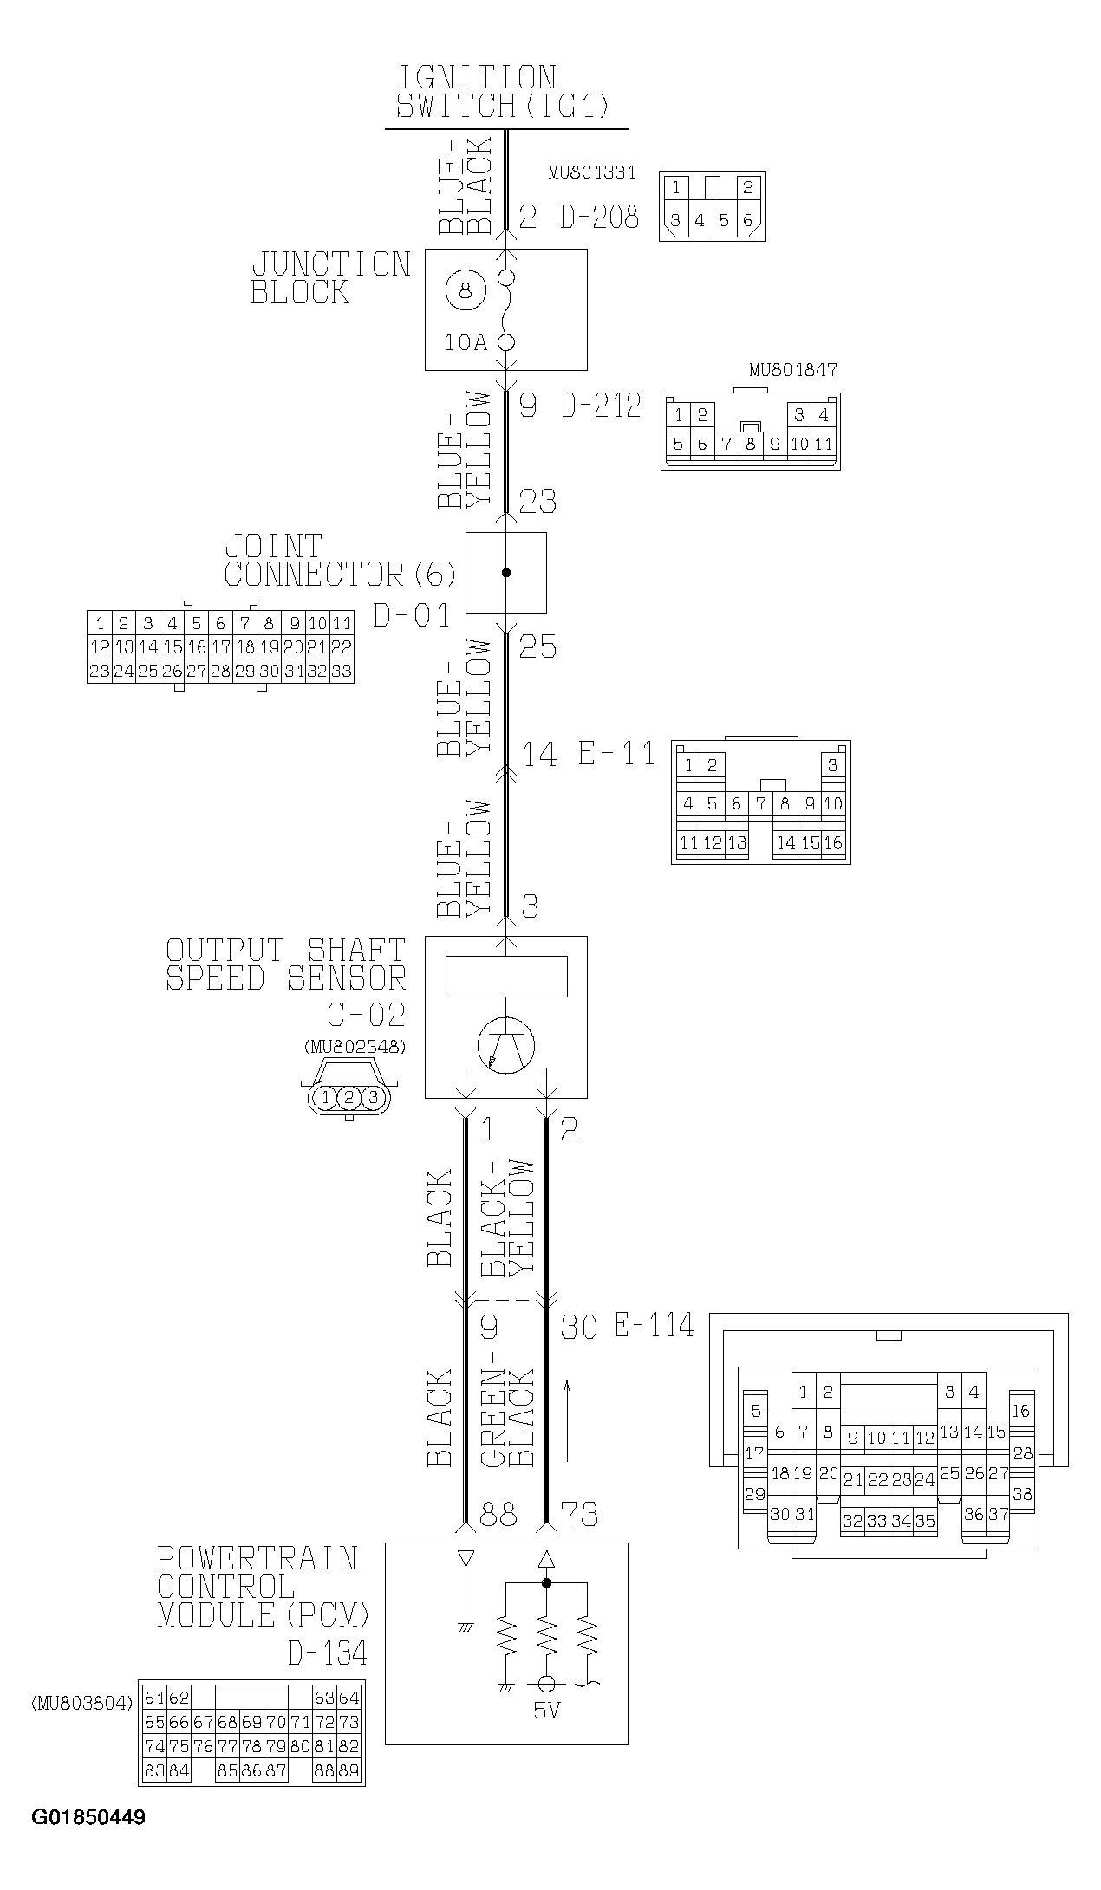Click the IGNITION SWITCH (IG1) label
coord(503,92)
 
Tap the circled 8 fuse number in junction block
coord(466,289)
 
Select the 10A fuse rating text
coord(466,343)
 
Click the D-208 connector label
coord(599,217)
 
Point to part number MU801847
coord(792,370)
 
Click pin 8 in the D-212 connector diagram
coord(750,445)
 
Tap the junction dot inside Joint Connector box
coord(506,573)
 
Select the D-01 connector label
coord(412,615)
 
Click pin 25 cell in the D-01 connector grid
coord(148,671)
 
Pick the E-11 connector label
coord(617,753)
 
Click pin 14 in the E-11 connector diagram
coord(785,842)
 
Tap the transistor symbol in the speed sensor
coord(506,1045)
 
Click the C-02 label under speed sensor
coord(366,1014)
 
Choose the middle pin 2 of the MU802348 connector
coord(349,1098)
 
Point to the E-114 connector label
coord(655,1325)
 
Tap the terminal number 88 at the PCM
coord(498,1515)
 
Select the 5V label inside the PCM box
coord(546,1710)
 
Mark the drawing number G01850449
coord(88,1817)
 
